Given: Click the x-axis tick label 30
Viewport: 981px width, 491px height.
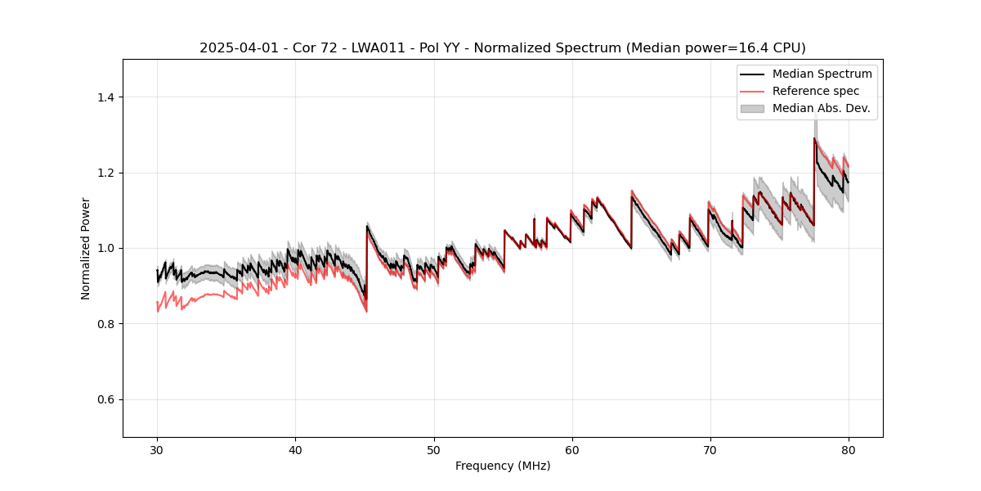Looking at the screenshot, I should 157,450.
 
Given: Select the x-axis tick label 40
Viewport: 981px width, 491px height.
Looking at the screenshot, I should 295,450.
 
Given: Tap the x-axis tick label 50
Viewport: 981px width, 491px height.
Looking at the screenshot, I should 433,450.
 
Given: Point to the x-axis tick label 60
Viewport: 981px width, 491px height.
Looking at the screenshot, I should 571,450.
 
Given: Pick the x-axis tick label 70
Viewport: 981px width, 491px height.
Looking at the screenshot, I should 710,450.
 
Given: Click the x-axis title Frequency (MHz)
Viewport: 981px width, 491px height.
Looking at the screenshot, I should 503,466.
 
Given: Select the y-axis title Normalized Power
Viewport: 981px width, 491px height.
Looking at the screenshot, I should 85,248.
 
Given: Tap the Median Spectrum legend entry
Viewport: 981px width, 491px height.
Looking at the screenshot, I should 822,74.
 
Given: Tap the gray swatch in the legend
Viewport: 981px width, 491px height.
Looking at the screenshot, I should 752,108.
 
